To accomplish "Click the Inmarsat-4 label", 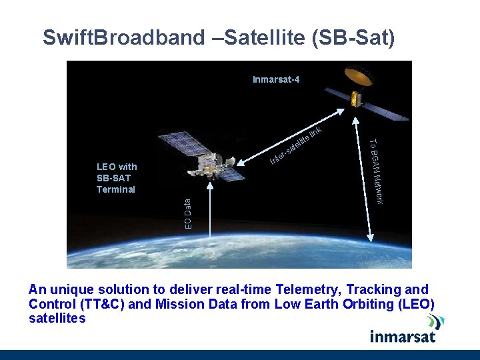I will pyautogui.click(x=276, y=80).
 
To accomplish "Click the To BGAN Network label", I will pyautogui.click(x=375, y=171).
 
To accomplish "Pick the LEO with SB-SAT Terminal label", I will pyautogui.click(x=117, y=178).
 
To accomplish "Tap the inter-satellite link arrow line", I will pyautogui.click(x=300, y=137).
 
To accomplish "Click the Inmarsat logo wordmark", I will pyautogui.click(x=403, y=335).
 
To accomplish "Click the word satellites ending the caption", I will pyautogui.click(x=57, y=319).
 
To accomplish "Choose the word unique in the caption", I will pyautogui.click(x=72, y=290).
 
